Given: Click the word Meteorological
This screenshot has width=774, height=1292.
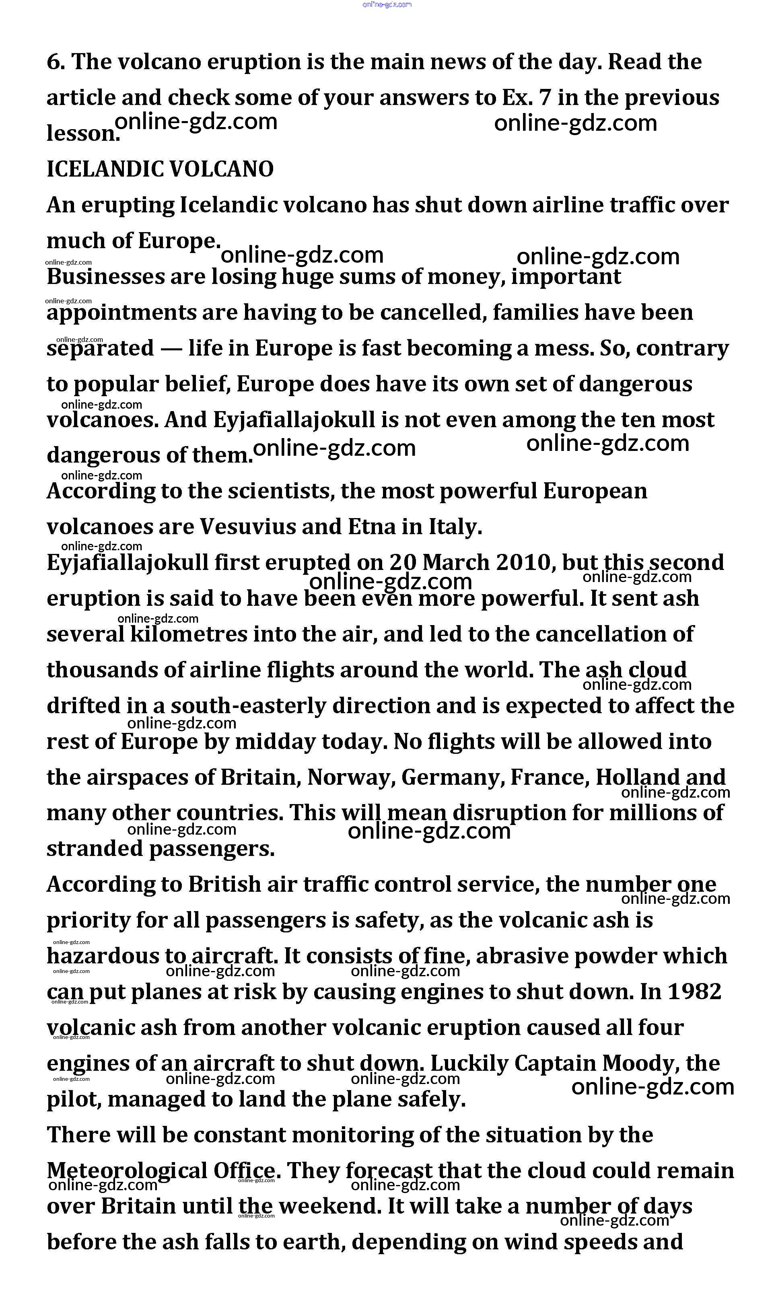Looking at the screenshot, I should click(x=126, y=1171).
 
